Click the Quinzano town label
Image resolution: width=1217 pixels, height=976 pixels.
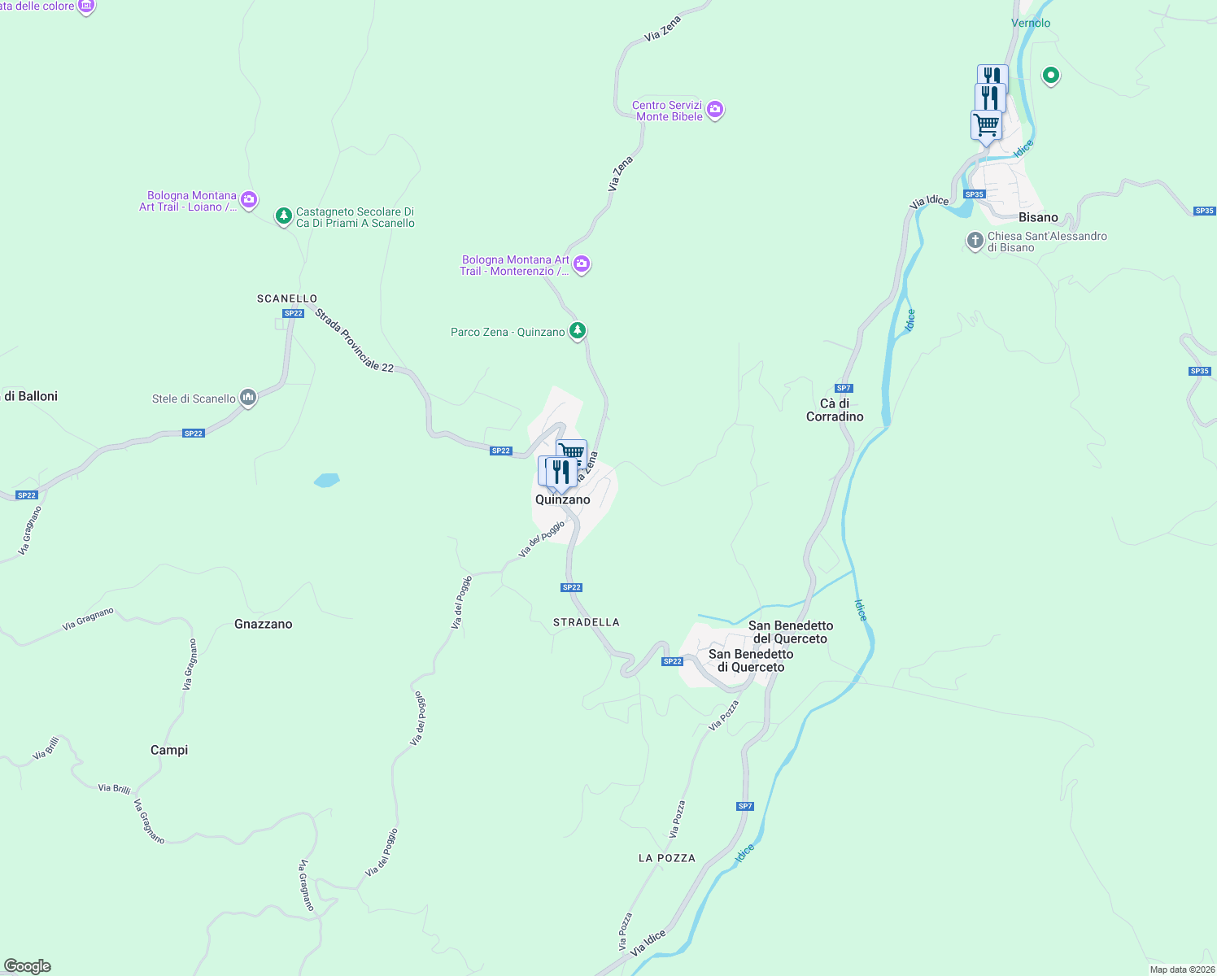click(x=562, y=499)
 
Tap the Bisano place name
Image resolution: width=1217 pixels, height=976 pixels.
click(x=1038, y=217)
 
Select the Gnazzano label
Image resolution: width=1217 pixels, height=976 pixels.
click(x=263, y=624)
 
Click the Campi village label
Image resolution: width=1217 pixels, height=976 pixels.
click(x=169, y=750)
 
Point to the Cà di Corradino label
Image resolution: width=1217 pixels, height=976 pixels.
click(x=835, y=410)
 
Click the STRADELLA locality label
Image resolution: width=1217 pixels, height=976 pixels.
click(x=586, y=622)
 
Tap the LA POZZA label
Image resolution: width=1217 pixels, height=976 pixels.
click(x=666, y=858)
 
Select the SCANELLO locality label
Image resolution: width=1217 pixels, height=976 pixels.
click(x=287, y=298)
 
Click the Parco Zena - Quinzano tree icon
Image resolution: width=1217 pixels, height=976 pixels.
click(x=577, y=330)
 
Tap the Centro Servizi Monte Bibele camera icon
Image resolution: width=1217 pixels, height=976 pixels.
click(x=715, y=109)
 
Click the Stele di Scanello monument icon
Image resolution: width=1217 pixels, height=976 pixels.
click(x=248, y=398)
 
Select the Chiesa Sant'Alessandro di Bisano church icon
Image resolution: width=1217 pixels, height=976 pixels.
click(x=975, y=241)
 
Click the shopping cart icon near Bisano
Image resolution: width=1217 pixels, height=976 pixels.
click(x=986, y=126)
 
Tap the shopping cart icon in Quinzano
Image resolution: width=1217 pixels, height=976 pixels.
click(x=572, y=451)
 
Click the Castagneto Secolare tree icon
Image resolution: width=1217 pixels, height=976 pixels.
click(x=283, y=216)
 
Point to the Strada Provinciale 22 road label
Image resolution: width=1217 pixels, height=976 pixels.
click(x=354, y=341)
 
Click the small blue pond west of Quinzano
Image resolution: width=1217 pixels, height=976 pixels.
click(x=326, y=480)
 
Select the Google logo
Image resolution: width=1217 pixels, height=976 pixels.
click(x=28, y=966)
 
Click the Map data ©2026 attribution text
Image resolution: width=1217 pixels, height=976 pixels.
click(x=1182, y=969)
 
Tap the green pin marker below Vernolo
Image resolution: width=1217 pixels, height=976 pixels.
click(x=1050, y=76)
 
